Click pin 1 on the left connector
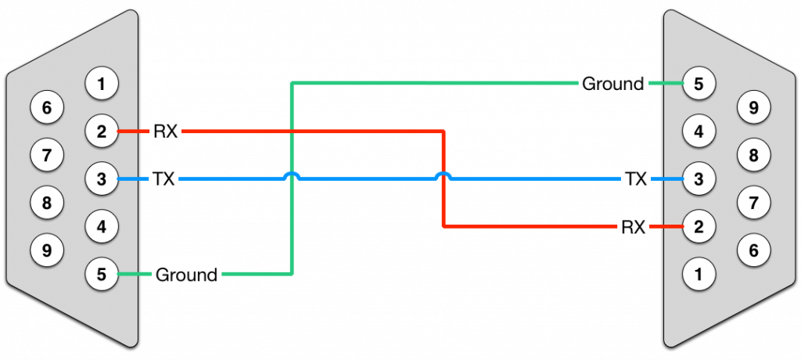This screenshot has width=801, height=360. pos(102,83)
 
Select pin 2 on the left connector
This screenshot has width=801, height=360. pos(102,131)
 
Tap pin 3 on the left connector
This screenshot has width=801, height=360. pos(102,179)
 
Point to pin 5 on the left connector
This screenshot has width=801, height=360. pos(102,275)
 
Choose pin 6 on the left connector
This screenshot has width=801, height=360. pos(47,107)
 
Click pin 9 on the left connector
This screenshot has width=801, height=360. pos(47,250)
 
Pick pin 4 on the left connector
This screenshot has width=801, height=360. pos(102,226)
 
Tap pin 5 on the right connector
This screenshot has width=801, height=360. pos(699,83)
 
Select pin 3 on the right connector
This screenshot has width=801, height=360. pos(699,179)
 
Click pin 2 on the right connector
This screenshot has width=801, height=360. pos(699,226)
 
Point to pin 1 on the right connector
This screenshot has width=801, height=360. pos(699,275)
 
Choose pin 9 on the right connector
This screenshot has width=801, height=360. pos(753,107)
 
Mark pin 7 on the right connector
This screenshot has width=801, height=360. pos(753,203)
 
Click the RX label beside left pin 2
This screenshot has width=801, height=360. pos(166,132)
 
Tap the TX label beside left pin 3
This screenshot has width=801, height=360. pos(164,179)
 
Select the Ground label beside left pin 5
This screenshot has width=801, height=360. pos(186,275)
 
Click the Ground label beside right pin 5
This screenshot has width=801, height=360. pos(613,84)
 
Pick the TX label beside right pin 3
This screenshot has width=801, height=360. pos(636,179)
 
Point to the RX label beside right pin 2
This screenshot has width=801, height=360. pos(634,227)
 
